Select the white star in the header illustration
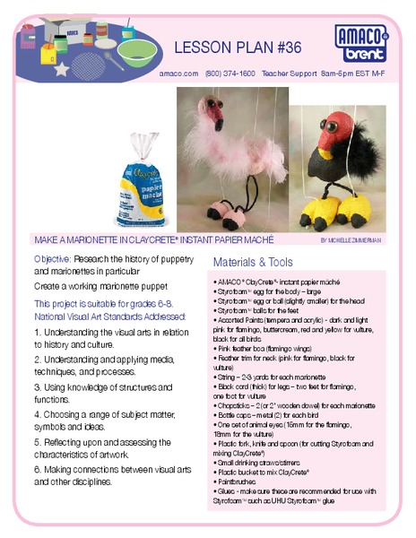pos(62,67)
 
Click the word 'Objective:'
pos(52,258)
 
